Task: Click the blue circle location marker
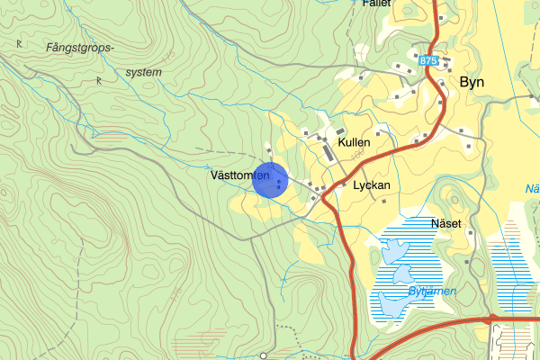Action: [x=270, y=179]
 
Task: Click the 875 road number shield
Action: [x=427, y=59]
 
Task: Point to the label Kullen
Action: [x=354, y=142]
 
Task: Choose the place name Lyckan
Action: [x=372, y=184]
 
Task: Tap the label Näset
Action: [x=445, y=223]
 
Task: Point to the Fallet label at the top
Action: [x=376, y=4]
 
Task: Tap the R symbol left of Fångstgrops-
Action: [x=19, y=42]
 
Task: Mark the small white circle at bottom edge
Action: [x=263, y=355]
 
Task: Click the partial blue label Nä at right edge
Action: [x=531, y=189]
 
